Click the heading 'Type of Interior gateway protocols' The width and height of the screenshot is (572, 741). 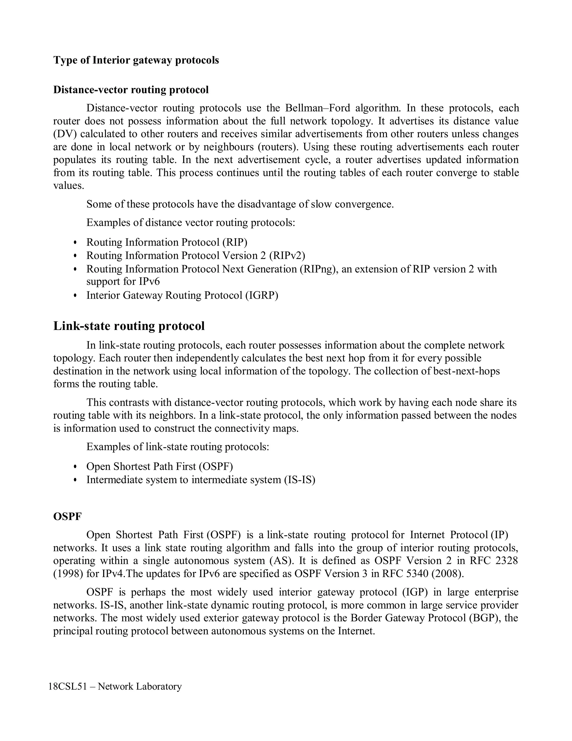click(136, 60)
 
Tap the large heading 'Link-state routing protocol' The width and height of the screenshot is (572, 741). click(129, 326)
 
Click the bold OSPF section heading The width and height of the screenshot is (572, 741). click(67, 516)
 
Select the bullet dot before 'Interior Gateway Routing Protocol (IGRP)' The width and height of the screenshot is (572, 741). click(75, 296)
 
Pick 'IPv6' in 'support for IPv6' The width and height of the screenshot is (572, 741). click(149, 282)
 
